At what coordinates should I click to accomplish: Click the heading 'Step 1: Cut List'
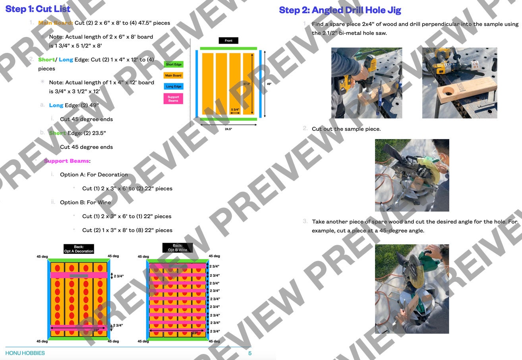pyautogui.click(x=38, y=9)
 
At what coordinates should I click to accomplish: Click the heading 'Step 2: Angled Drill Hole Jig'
pyautogui.click(x=340, y=10)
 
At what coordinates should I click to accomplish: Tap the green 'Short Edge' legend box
pyautogui.click(x=173, y=64)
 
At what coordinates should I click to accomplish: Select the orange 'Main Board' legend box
pyautogui.click(x=173, y=75)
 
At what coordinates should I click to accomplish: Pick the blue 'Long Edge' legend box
pyautogui.click(x=173, y=86)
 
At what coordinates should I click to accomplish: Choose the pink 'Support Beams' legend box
pyautogui.click(x=173, y=99)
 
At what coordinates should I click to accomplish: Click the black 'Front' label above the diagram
pyautogui.click(x=228, y=41)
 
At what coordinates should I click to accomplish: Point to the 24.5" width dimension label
pyautogui.click(x=228, y=129)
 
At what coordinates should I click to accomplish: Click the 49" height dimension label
pyautogui.click(x=269, y=84)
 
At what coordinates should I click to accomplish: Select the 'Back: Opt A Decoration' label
pyautogui.click(x=79, y=249)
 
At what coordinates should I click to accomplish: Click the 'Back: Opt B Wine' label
pyautogui.click(x=177, y=248)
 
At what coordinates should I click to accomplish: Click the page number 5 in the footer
pyautogui.click(x=250, y=353)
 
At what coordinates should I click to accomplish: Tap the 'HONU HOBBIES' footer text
pyautogui.click(x=25, y=353)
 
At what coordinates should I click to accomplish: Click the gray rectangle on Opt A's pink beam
pyautogui.click(x=79, y=275)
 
